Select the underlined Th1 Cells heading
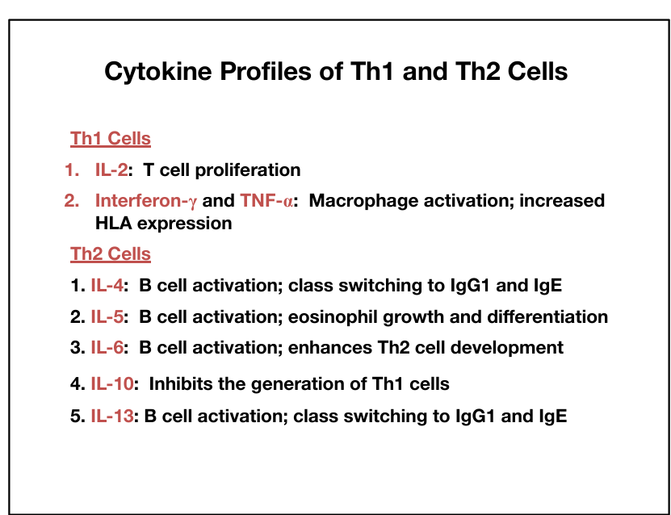[111, 139]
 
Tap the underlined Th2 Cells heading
[111, 254]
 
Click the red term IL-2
[111, 170]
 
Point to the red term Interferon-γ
[146, 202]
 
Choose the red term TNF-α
[266, 201]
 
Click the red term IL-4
[107, 285]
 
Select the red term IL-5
[107, 317]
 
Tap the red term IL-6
[107, 347]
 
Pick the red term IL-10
[112, 384]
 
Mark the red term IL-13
[112, 416]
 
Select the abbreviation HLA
[113, 224]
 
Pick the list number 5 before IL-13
[75, 417]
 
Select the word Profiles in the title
[266, 71]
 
